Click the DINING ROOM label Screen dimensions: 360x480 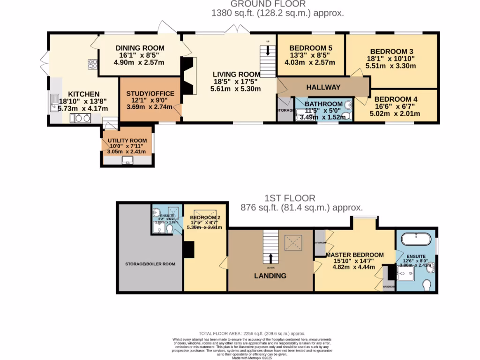(140, 48)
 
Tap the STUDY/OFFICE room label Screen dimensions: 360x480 (150, 94)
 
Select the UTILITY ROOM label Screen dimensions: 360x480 (127, 141)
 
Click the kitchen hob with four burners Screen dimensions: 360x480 (92, 65)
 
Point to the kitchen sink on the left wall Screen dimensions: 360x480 (54, 107)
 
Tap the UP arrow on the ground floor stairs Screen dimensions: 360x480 (268, 50)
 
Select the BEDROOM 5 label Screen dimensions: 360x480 (310, 48)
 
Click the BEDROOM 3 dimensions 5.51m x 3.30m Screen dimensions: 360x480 (391, 66)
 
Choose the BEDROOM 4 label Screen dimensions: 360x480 (396, 99)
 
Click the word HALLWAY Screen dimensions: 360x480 (323, 87)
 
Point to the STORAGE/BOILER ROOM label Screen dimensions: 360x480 (150, 264)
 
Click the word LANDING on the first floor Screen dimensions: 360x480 (270, 276)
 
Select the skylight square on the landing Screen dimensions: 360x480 (294, 243)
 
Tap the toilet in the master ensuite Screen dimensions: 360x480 (427, 285)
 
